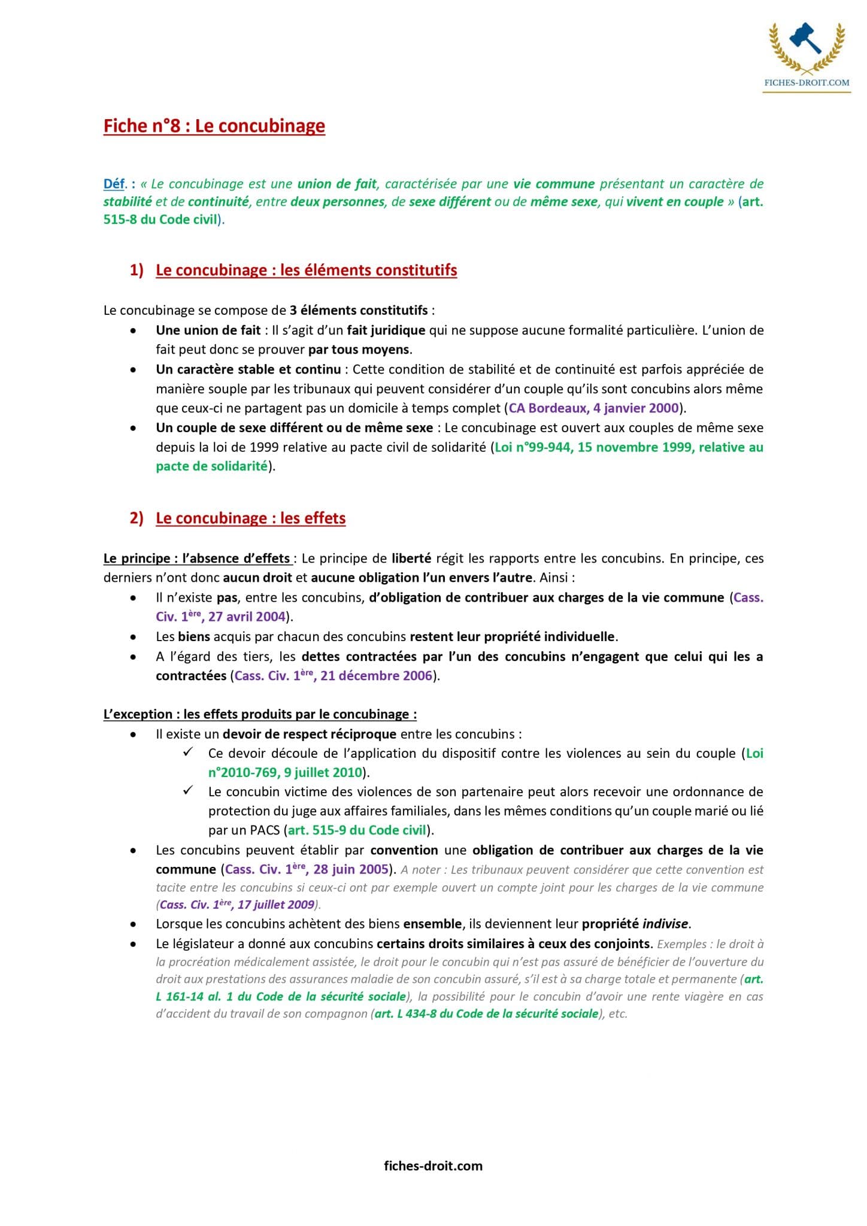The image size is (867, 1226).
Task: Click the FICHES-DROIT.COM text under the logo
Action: point(807,83)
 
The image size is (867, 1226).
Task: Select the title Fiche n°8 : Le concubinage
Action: point(214,126)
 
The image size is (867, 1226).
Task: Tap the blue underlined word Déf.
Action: point(114,184)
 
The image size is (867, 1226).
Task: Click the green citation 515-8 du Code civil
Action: point(160,219)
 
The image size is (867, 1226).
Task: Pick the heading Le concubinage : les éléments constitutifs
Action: point(306,270)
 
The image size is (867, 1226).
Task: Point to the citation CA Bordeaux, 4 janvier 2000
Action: point(593,408)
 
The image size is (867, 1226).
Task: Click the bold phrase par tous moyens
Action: point(359,350)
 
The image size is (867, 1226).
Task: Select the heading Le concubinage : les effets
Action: point(250,518)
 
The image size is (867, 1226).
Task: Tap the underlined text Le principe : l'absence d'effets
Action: point(197,559)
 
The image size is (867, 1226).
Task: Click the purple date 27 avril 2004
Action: point(247,617)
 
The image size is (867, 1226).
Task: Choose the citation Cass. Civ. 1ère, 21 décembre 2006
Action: point(333,676)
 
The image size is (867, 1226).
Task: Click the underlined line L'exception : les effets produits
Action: point(260,714)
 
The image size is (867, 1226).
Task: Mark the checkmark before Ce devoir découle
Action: point(188,752)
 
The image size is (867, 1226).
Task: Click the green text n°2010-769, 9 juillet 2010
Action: point(285,772)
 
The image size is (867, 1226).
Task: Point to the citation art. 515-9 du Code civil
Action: point(357,830)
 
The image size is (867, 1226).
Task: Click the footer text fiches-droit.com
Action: point(433,1166)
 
